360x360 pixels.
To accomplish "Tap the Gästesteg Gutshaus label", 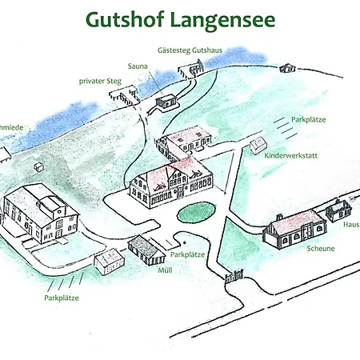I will click(190, 50).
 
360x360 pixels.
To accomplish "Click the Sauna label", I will click(138, 66).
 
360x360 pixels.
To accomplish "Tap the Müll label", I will click(166, 270).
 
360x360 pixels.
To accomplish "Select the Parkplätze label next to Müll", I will click(187, 254).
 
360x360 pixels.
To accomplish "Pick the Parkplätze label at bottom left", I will click(62, 297).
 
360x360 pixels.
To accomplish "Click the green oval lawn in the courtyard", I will click(195, 212).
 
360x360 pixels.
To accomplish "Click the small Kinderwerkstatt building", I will click(258, 146).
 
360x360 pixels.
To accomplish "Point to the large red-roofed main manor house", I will click(172, 182).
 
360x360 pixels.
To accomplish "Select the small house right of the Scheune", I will click(338, 210).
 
